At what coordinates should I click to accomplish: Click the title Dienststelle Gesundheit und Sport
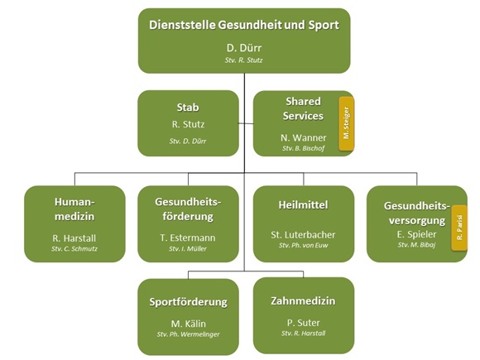[244, 25]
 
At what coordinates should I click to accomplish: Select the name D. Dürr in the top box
[244, 48]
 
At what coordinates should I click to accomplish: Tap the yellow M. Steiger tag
[346, 123]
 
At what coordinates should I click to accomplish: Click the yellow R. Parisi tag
[459, 228]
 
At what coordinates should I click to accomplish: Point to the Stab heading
[188, 108]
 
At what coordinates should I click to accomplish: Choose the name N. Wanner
[304, 137]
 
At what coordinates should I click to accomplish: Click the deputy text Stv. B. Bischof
[304, 148]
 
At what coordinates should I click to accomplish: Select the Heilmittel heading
[303, 204]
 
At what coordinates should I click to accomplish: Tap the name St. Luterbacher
[303, 235]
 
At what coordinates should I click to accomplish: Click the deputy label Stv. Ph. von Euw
[304, 245]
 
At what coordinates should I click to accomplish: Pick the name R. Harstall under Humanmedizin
[74, 238]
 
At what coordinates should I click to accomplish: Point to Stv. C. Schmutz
[74, 249]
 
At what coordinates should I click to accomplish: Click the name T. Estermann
[188, 238]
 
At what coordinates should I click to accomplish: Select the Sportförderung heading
[188, 302]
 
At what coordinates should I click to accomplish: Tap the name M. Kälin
[188, 324]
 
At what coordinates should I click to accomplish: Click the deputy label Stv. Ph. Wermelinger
[188, 334]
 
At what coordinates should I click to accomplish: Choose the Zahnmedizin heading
[303, 301]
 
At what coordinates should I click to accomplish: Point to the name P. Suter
[304, 323]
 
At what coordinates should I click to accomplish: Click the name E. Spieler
[416, 234]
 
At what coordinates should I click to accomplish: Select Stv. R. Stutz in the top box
[243, 60]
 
